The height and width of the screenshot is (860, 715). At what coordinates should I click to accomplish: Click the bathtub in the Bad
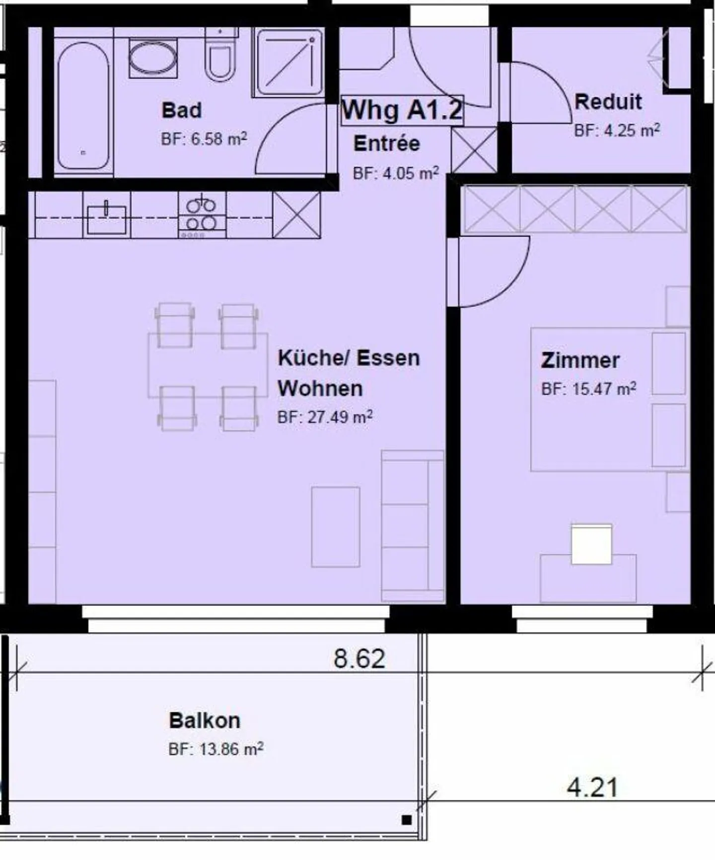pyautogui.click(x=83, y=106)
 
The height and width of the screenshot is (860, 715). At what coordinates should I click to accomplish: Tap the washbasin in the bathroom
pyautogui.click(x=152, y=59)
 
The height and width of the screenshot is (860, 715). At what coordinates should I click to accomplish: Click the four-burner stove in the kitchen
pyautogui.click(x=201, y=215)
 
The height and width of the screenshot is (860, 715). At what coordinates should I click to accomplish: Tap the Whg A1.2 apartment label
pyautogui.click(x=402, y=110)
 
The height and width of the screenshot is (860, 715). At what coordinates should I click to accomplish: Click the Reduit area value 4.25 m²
pyautogui.click(x=617, y=131)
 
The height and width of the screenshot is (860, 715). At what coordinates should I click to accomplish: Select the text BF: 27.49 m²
pyautogui.click(x=325, y=417)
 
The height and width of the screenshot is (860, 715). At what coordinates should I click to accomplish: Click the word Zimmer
pyautogui.click(x=580, y=360)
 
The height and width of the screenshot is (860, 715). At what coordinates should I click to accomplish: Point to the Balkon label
pyautogui.click(x=205, y=720)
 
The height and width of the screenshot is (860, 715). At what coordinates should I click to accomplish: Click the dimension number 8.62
pyautogui.click(x=359, y=658)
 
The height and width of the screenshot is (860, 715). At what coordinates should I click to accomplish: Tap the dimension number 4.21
pyautogui.click(x=592, y=788)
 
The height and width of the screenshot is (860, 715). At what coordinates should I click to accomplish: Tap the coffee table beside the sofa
pyautogui.click(x=335, y=527)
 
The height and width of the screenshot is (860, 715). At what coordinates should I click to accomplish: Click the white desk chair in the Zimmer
pyautogui.click(x=591, y=544)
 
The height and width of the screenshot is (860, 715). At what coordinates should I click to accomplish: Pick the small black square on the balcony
pyautogui.click(x=406, y=820)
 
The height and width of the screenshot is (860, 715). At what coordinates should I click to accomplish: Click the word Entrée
pyautogui.click(x=386, y=143)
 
